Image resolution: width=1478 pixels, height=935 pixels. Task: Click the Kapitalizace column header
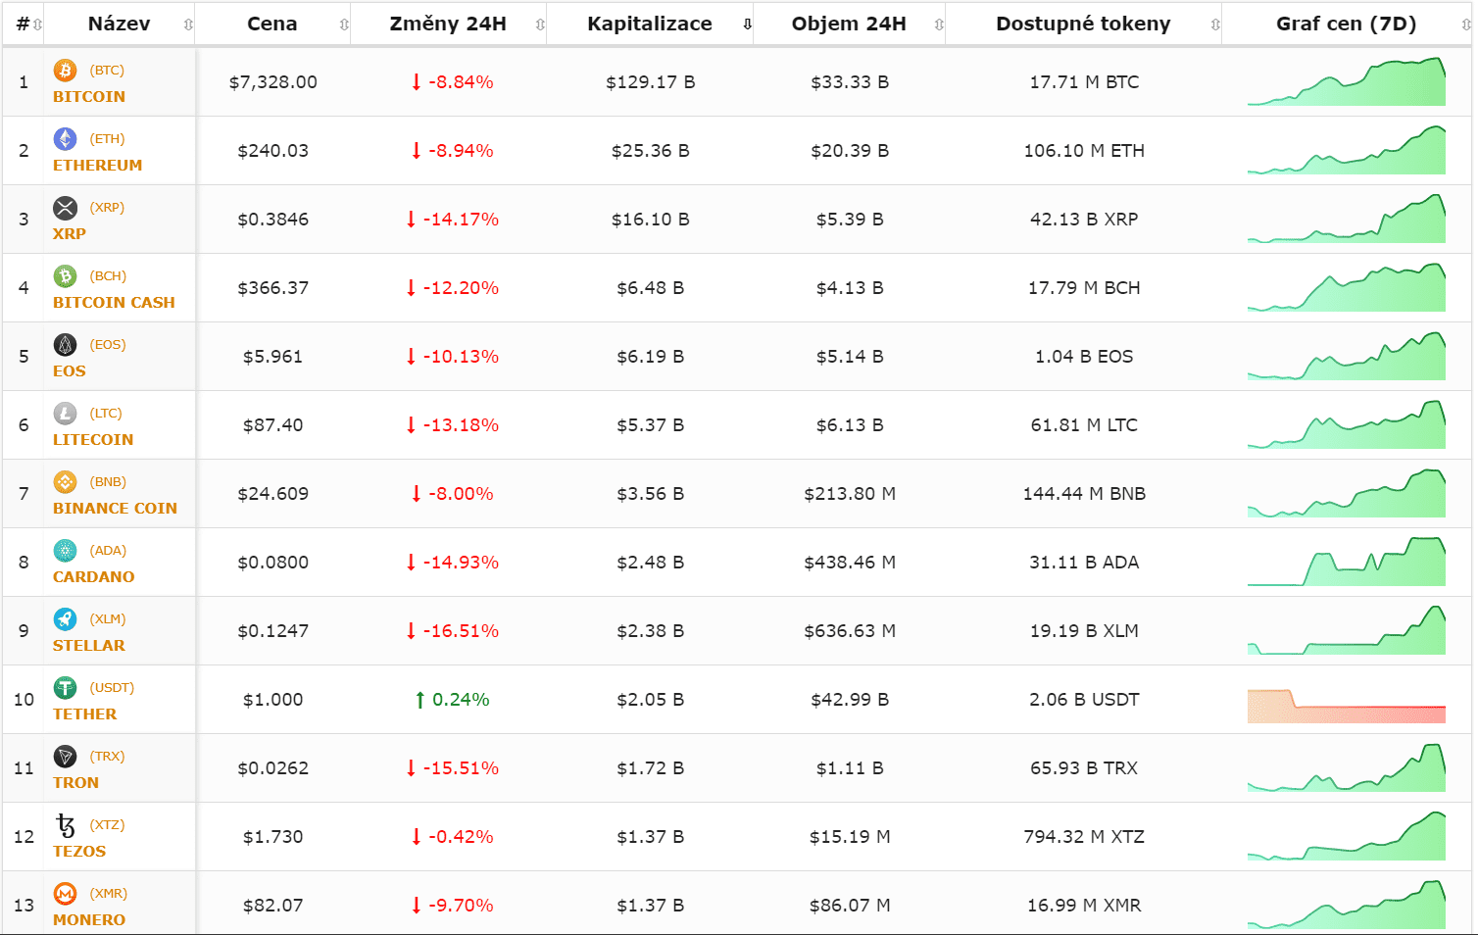point(650,25)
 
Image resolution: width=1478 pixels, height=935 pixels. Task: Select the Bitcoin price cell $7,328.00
point(273,82)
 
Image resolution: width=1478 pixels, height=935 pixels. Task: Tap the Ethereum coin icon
point(65,139)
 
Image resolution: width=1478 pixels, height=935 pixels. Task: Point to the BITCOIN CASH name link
point(114,303)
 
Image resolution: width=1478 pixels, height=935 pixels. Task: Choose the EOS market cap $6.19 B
point(650,357)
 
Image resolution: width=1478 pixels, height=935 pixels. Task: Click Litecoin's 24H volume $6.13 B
point(850,425)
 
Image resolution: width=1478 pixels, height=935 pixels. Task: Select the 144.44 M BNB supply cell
point(1084,494)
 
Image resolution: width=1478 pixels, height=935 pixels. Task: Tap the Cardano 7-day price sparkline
point(1347,563)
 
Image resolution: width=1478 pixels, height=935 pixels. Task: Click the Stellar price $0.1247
point(273,631)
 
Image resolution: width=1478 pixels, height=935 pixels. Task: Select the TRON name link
point(75,783)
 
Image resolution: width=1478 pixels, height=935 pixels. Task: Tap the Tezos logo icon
point(66,825)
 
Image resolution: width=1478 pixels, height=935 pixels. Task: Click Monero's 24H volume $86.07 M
point(850,906)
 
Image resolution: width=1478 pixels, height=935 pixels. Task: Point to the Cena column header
point(271,25)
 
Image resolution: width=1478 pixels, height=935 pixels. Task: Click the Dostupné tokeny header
point(1083,25)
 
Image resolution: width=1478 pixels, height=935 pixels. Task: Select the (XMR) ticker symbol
point(109,894)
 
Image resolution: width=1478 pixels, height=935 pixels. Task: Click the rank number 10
point(24,700)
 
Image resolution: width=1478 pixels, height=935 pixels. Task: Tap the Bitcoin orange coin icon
point(65,71)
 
